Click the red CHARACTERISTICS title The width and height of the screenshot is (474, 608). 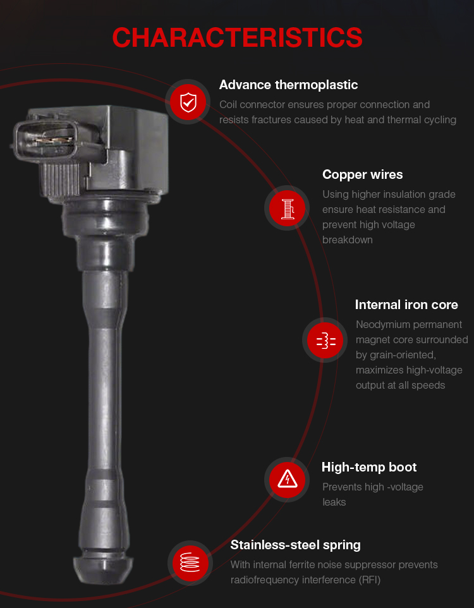237,38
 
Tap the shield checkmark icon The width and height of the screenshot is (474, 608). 188,102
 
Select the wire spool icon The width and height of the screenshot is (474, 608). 287,208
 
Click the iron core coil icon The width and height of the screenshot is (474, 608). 325,340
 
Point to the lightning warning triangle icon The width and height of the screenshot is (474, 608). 287,480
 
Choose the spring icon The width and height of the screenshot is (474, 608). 190,562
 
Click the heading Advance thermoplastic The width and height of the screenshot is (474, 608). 289,85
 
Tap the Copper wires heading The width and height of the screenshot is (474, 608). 363,174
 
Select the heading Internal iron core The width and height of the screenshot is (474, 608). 406,305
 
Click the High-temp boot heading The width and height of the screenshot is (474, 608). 369,467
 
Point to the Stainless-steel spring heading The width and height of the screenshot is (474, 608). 296,545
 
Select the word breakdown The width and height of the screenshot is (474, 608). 348,240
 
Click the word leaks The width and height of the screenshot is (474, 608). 334,502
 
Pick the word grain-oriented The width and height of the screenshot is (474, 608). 396,355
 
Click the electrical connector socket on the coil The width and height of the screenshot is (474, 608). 46,140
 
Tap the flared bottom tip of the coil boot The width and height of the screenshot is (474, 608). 103,569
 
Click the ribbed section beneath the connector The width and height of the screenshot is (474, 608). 60,179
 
